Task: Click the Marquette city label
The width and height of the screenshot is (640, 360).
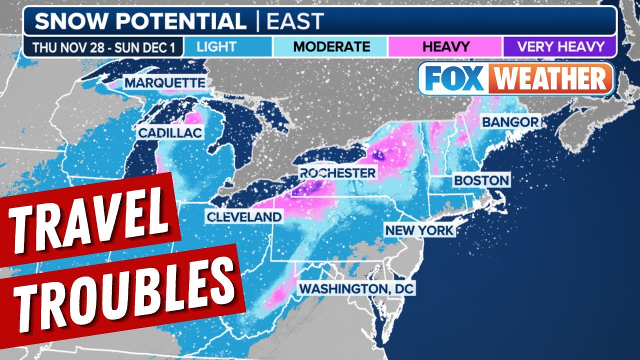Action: (x=164, y=82)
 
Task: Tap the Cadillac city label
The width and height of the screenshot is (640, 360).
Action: (x=170, y=132)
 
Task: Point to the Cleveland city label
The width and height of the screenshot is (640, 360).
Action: (x=243, y=216)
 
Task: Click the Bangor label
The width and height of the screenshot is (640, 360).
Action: (x=510, y=121)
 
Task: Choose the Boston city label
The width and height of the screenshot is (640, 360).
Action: (x=481, y=180)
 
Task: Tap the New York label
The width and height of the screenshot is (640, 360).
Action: (x=419, y=230)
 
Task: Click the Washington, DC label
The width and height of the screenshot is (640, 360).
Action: (x=357, y=288)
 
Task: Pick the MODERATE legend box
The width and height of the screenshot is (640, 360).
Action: (x=331, y=47)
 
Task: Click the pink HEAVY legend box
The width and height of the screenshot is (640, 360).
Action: (x=445, y=47)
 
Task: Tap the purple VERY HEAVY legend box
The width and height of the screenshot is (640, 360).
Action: (x=560, y=47)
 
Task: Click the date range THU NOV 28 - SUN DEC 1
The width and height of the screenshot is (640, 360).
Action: (x=103, y=47)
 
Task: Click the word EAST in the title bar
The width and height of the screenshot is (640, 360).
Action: (x=295, y=21)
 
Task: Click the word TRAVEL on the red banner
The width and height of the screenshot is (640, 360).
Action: (x=90, y=222)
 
